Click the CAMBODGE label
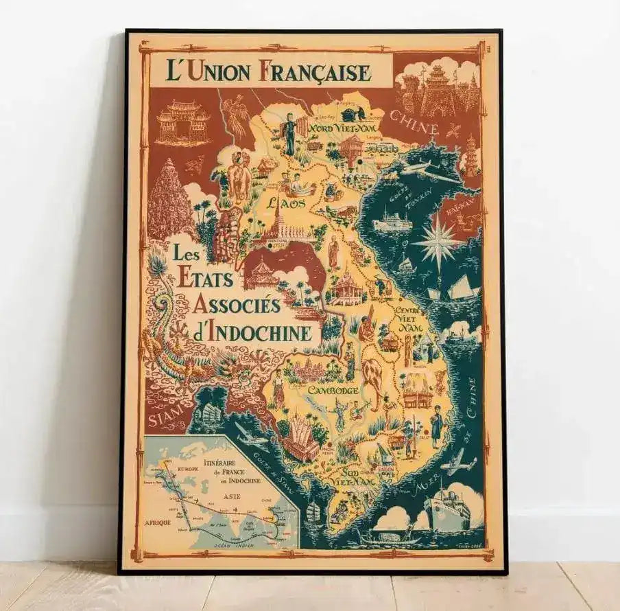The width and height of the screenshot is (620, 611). [x=333, y=390]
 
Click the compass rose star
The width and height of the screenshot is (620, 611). [x=437, y=242]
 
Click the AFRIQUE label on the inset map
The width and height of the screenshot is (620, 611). [x=157, y=522]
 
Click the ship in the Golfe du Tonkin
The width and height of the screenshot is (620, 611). [x=392, y=221]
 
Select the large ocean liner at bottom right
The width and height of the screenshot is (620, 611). [x=446, y=509]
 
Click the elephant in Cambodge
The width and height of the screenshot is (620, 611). [x=374, y=380]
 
